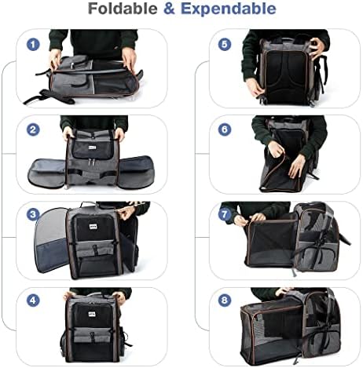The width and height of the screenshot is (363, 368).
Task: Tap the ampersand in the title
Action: coord(171,10)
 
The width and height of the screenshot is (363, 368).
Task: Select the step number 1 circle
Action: coord(33,45)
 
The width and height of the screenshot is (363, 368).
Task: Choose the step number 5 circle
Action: coord(225,45)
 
